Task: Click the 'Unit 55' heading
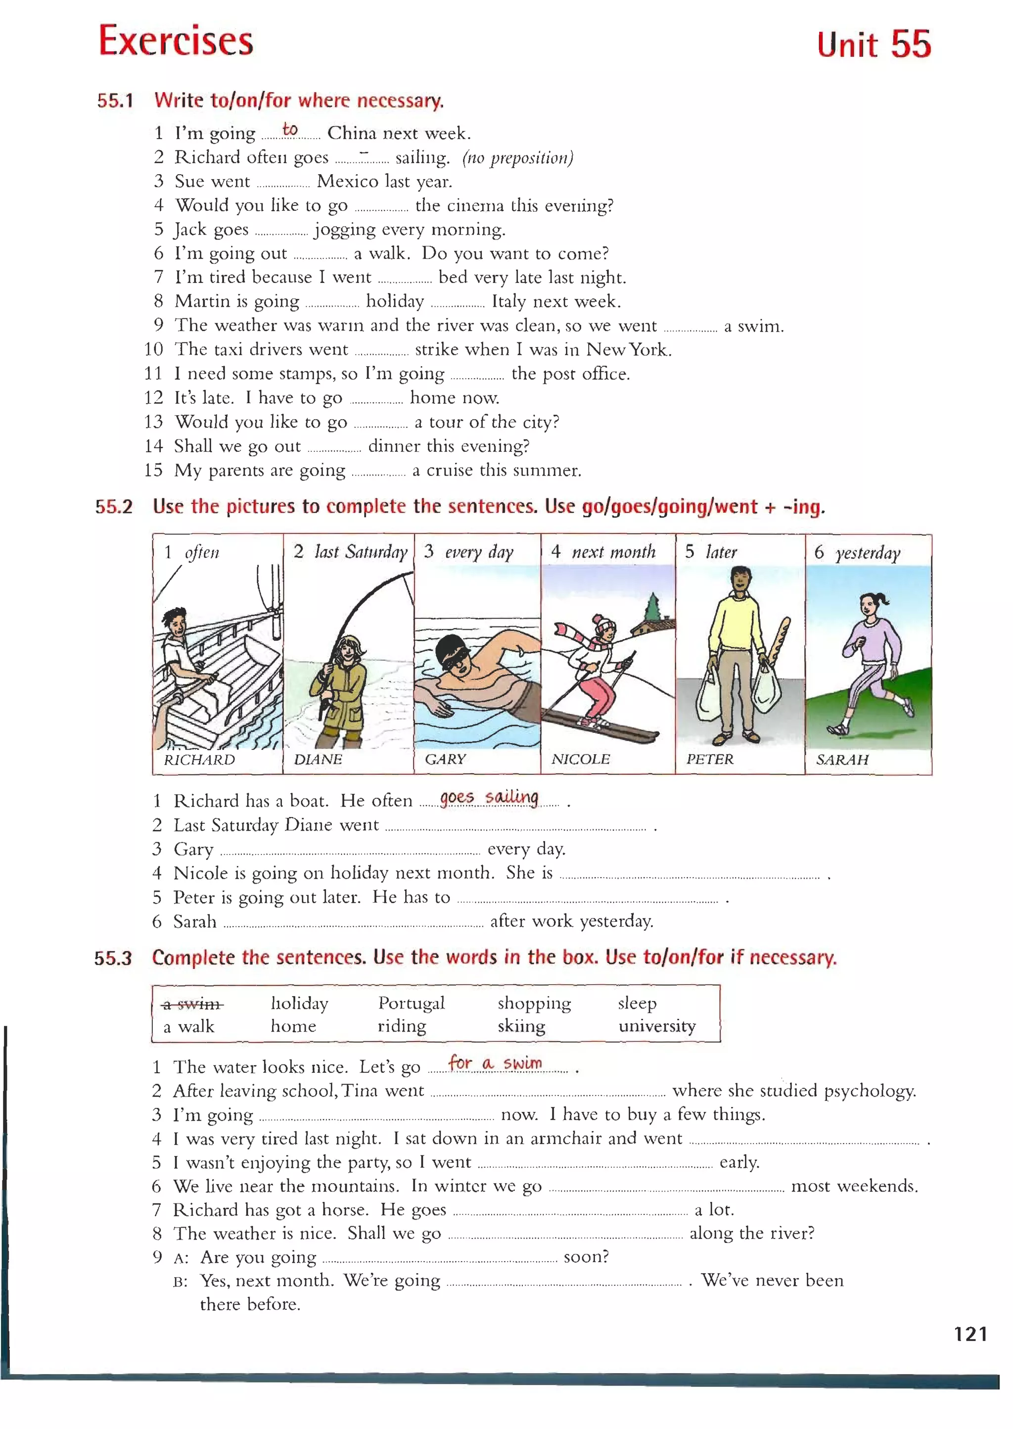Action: (x=874, y=45)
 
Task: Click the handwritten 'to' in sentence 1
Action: (x=290, y=129)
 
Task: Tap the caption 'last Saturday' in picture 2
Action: (x=361, y=552)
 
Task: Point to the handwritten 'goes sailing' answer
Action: (x=489, y=798)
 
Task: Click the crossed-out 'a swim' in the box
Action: (x=192, y=1004)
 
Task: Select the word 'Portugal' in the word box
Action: (x=411, y=1003)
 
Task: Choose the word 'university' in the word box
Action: (x=656, y=1027)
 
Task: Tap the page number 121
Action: (x=970, y=1334)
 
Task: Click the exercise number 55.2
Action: (x=114, y=507)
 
